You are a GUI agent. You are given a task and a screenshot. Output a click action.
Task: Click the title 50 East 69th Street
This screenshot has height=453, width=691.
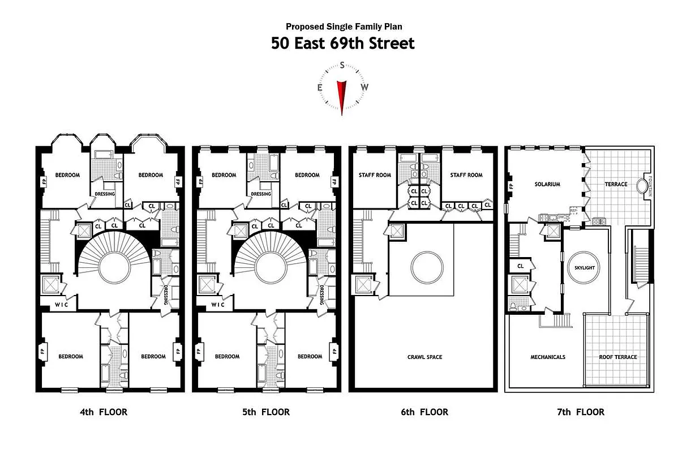point(342,43)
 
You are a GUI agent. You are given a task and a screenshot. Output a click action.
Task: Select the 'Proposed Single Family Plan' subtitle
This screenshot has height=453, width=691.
point(344,26)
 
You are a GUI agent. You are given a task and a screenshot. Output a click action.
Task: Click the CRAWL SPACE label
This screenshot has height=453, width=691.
point(424,357)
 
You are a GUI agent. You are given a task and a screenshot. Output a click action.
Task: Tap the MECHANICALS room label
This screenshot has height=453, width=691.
point(548,357)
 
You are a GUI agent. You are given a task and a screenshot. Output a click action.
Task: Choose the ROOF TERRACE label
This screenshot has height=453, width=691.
point(618,357)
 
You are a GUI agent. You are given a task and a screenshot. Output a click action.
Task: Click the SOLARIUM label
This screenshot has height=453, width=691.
point(547,184)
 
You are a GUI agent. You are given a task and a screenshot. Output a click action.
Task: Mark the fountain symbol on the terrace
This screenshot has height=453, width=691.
point(643,186)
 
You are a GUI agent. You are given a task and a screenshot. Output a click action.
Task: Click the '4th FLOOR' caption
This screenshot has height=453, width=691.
point(104,412)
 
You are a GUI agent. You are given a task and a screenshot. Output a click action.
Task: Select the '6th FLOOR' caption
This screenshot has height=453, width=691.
point(424,412)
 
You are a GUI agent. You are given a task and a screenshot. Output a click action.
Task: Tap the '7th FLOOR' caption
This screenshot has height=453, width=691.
point(580,412)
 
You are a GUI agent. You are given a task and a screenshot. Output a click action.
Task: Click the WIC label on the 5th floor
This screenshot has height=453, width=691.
point(218,305)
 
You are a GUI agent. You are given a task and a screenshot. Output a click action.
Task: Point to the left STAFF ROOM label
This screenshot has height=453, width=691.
point(375,175)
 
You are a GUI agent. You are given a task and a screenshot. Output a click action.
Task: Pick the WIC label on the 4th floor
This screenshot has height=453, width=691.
point(61,305)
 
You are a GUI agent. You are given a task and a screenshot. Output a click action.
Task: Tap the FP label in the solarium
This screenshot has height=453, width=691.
point(510,186)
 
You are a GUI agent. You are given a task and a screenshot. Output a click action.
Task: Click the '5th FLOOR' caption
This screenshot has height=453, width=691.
point(265,412)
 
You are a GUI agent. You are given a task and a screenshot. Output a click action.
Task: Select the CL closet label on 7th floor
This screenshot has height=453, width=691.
point(520,266)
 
